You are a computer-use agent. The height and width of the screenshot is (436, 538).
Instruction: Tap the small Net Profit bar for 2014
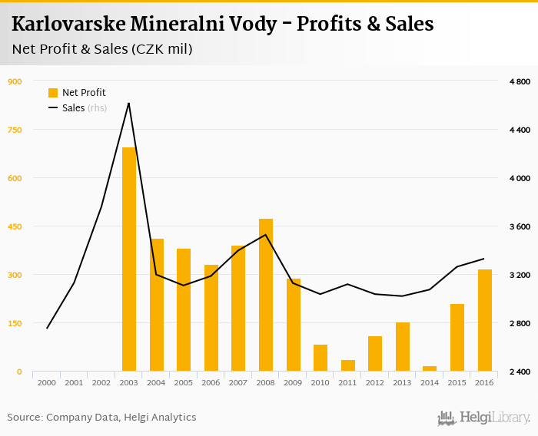[x=430, y=368]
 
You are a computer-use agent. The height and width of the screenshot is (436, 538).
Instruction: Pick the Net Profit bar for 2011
[x=348, y=365]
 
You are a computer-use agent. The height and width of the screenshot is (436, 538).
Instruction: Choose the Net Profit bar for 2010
[x=320, y=358]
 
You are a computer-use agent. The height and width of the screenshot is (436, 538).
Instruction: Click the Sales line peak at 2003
[x=128, y=103]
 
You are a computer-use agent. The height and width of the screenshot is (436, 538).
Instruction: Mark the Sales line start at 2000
[x=47, y=329]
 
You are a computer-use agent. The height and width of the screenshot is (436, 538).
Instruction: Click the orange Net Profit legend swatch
[x=53, y=93]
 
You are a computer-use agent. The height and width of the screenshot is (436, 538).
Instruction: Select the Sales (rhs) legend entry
[x=77, y=108]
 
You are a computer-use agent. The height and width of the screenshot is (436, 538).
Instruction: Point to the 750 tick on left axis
[x=15, y=130]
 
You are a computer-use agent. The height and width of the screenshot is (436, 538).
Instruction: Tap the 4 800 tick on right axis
[x=520, y=81]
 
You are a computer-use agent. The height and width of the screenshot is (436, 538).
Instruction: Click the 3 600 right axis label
[x=520, y=226]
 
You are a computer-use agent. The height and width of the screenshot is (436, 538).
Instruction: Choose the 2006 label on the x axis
[x=211, y=382]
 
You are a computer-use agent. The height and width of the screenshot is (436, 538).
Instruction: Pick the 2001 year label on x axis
[x=74, y=382]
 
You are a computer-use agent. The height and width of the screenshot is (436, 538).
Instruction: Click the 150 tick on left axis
[x=15, y=323]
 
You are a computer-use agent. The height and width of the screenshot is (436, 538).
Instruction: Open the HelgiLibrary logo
[x=484, y=418]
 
